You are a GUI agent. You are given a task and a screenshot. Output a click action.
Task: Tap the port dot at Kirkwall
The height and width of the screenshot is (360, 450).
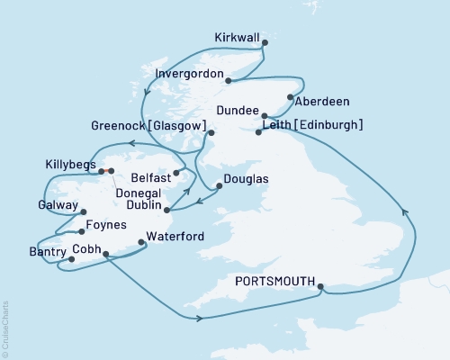click(265, 39)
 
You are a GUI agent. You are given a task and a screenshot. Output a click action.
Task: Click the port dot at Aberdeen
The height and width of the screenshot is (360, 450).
click(289, 97)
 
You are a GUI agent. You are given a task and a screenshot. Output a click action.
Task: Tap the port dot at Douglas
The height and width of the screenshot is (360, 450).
click(219, 188)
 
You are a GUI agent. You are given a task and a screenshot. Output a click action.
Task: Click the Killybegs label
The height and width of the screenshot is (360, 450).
click(68, 165)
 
